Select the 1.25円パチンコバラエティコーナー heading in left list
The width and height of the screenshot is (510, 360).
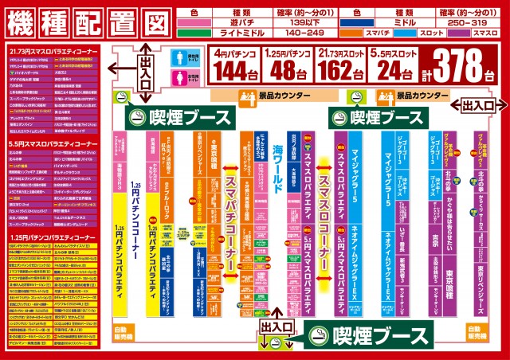(48, 238)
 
